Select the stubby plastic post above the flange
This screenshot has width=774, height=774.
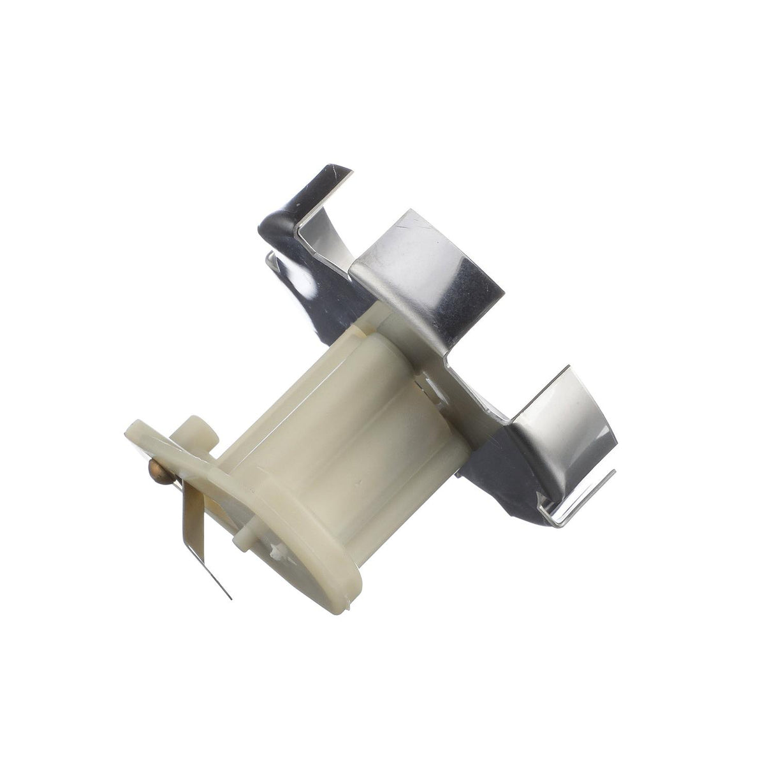tap(200, 432)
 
